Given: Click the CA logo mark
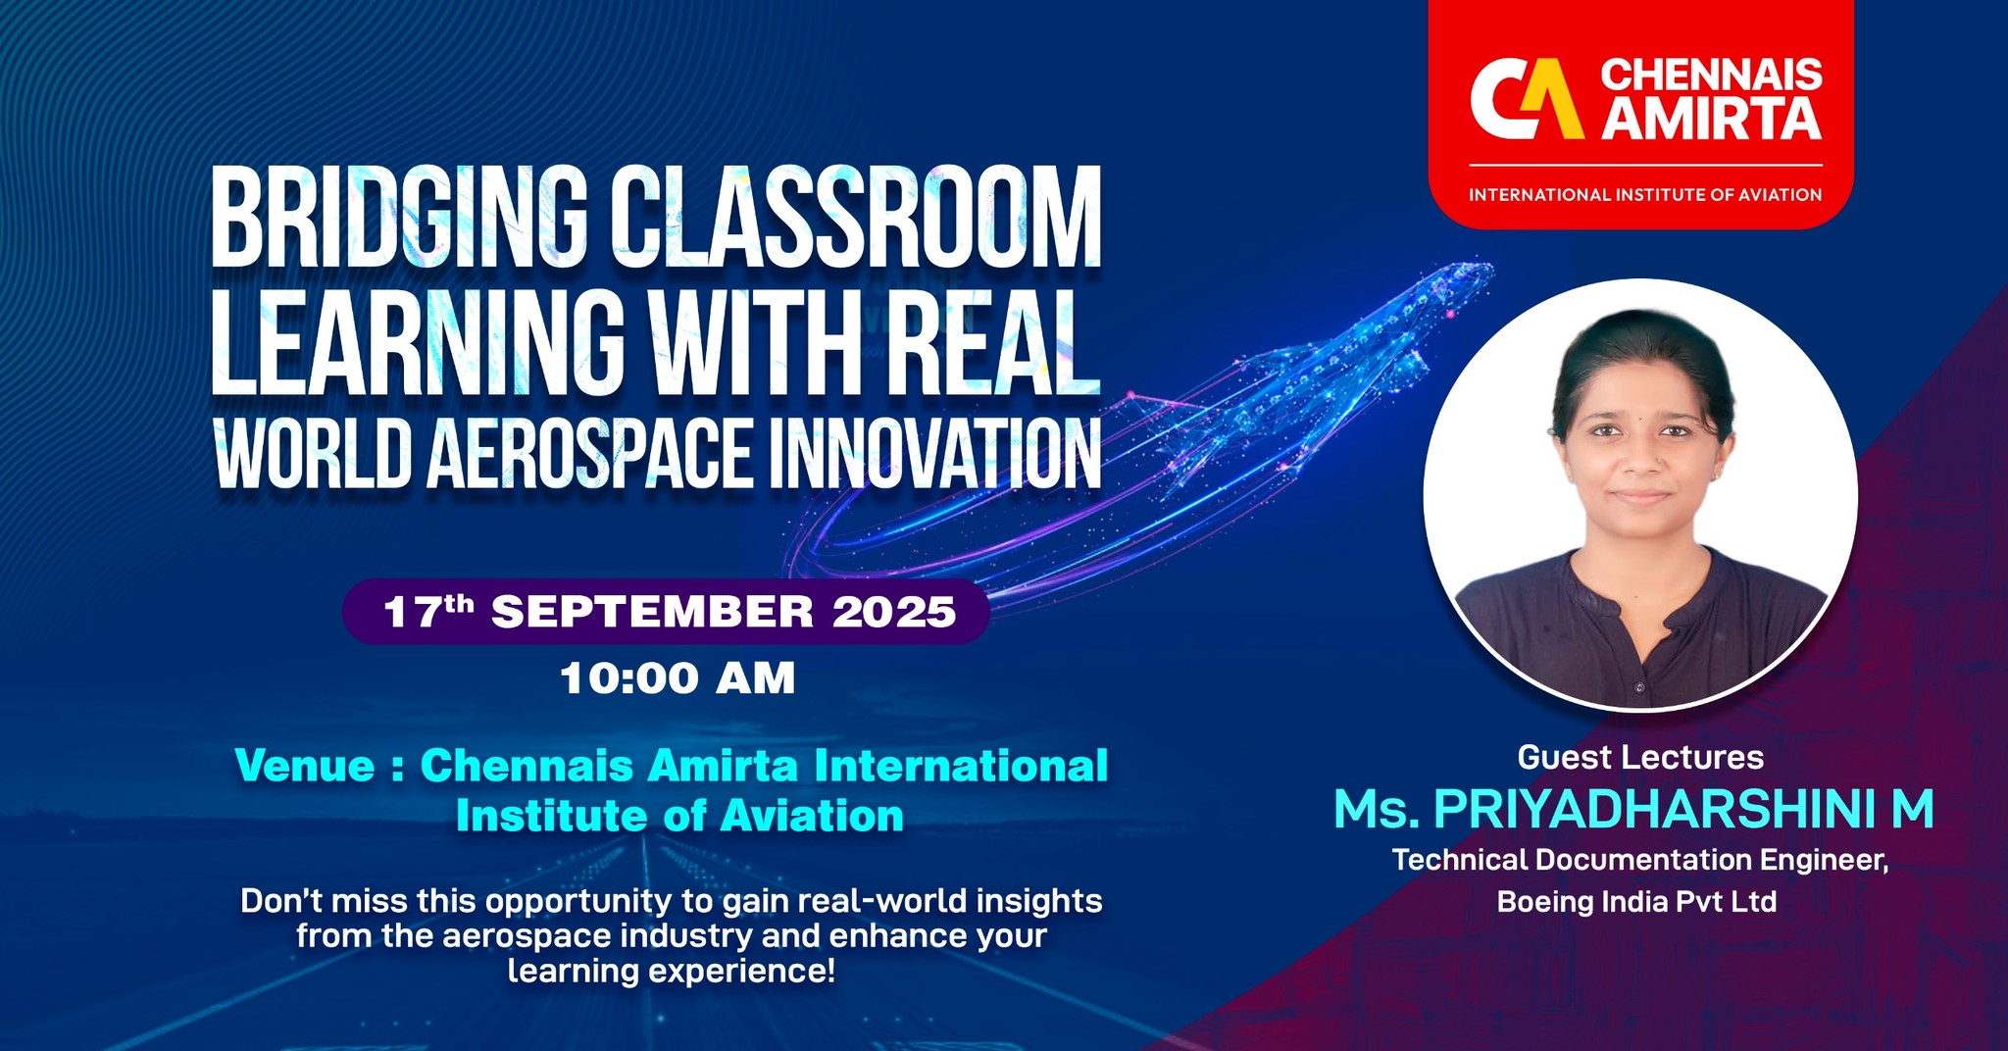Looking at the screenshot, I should tap(1526, 98).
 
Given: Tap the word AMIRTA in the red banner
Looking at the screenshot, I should tap(1712, 119).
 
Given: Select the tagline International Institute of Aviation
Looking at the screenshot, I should tap(1644, 194).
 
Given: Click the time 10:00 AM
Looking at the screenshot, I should tap(678, 678).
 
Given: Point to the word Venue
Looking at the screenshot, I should tap(305, 766).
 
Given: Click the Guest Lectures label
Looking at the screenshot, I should tap(1640, 757).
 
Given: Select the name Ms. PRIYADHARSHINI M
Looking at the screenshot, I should tap(1633, 810).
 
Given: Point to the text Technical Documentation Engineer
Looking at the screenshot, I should tap(1640, 860).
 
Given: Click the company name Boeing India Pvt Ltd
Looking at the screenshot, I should tap(1636, 901).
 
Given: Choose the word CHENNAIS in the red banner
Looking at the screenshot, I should tap(1711, 75).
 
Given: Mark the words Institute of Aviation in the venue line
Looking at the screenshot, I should tap(679, 816).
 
